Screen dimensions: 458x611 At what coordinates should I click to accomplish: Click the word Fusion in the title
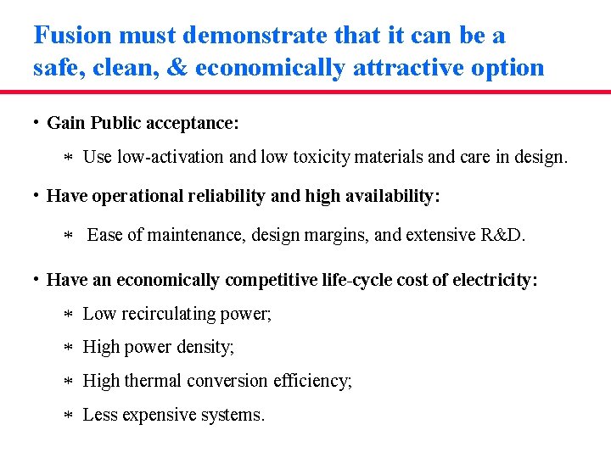(x=72, y=36)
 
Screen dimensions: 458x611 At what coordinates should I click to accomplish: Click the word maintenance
(x=193, y=235)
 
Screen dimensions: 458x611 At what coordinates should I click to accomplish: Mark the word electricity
(x=499, y=280)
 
